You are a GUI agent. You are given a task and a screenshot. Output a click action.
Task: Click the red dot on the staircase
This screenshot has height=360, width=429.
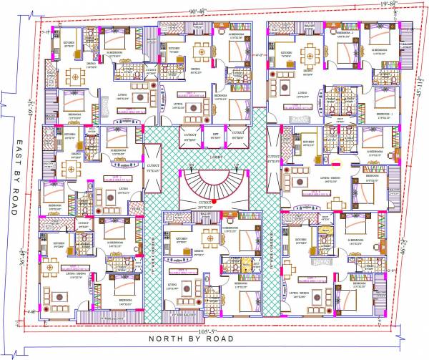coord(213,203)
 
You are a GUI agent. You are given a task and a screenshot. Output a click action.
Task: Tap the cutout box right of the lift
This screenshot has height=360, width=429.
coord(238,135)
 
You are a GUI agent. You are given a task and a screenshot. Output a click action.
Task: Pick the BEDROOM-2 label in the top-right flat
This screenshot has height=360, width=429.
coord(346,33)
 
